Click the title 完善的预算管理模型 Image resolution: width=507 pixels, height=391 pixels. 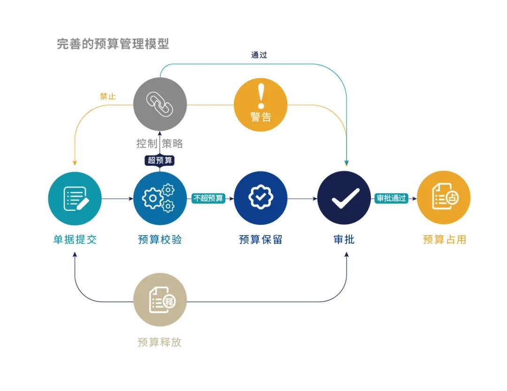pyautogui.click(x=113, y=44)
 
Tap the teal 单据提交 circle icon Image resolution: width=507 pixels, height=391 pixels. pyautogui.click(x=75, y=198)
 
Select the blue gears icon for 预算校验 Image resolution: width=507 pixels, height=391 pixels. pyautogui.click(x=160, y=198)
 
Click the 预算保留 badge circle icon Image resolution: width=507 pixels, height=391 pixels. pyautogui.click(x=261, y=198)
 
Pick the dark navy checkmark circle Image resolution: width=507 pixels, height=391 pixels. pyautogui.click(x=345, y=198)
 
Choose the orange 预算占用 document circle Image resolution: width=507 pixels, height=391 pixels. pyautogui.click(x=444, y=198)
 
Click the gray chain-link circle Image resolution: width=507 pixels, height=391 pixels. pyautogui.click(x=160, y=104)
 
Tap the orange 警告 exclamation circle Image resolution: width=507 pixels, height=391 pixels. pyautogui.click(x=261, y=104)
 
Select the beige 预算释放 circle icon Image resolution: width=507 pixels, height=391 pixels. pyautogui.click(x=160, y=300)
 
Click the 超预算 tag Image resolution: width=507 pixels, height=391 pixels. pyautogui.click(x=160, y=160)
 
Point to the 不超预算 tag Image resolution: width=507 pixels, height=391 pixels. pyautogui.click(x=208, y=198)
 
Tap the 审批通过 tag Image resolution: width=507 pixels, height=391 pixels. pyautogui.click(x=391, y=198)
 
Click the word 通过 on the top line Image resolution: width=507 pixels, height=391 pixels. pyautogui.click(x=259, y=55)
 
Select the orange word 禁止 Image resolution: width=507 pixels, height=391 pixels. pyautogui.click(x=108, y=96)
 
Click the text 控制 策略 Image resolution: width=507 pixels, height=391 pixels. pyautogui.click(x=160, y=143)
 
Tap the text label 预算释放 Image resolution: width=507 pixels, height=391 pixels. pyautogui.click(x=160, y=342)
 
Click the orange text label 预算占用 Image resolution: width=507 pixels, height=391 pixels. pyautogui.click(x=444, y=239)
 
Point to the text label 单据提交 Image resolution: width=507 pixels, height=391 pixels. pyautogui.click(x=75, y=239)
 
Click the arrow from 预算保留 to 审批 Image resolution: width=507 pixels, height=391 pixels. pyautogui.click(x=302, y=199)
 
